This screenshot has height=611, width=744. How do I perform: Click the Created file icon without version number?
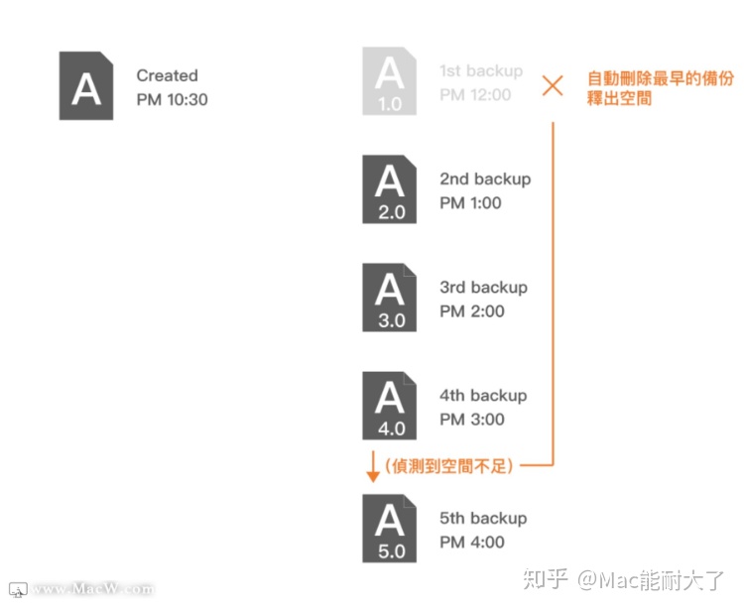click(x=86, y=87)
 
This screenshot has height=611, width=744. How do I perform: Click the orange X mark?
click(x=553, y=85)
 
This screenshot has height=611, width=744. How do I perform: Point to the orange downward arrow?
click(x=372, y=465)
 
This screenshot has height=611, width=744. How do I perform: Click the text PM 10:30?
click(x=173, y=99)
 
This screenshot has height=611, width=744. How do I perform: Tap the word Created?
click(x=167, y=75)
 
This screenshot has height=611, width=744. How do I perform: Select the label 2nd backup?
click(x=485, y=179)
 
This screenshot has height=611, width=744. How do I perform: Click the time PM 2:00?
click(x=471, y=311)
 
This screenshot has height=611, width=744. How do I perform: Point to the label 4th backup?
click(x=483, y=395)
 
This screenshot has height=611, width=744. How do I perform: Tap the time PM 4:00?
click(x=471, y=543)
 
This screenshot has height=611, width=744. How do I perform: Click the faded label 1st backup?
click(x=481, y=71)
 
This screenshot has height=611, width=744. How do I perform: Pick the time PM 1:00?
click(x=471, y=203)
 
